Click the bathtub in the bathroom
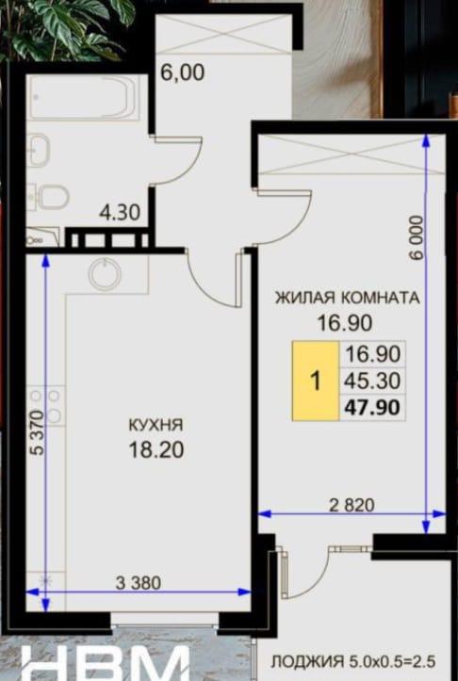(x=84, y=97)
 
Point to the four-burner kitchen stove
(x=45, y=406)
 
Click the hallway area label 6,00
(x=182, y=73)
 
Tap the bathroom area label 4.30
(x=120, y=212)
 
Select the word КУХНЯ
(x=156, y=425)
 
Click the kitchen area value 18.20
(x=156, y=449)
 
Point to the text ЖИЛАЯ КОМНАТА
(x=347, y=298)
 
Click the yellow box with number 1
(x=316, y=381)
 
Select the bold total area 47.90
(x=372, y=408)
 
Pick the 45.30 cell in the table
(x=372, y=381)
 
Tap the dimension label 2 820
(x=352, y=505)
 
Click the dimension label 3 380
(x=139, y=582)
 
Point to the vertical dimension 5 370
(x=38, y=432)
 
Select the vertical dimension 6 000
(x=416, y=238)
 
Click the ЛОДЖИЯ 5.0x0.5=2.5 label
(x=352, y=662)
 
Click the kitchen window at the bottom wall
(x=165, y=625)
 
